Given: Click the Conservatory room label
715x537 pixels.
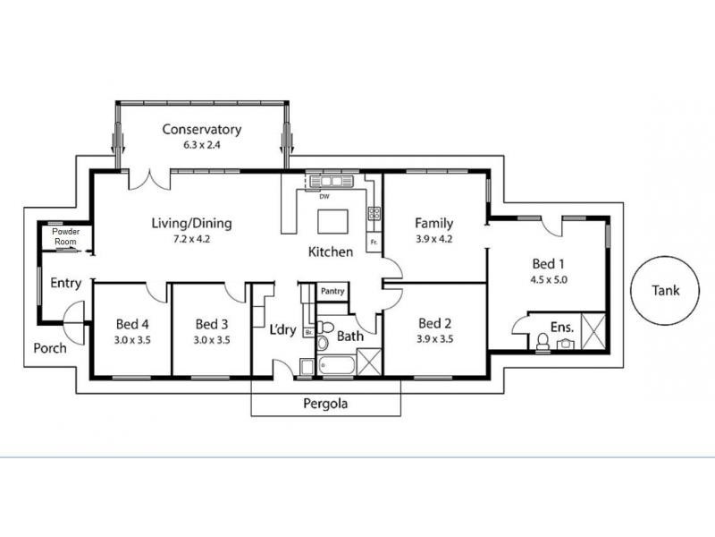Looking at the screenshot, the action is tap(202, 129).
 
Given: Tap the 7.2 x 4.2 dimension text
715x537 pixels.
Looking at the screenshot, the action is tap(191, 239).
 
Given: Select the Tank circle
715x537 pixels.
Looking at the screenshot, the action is tap(665, 290).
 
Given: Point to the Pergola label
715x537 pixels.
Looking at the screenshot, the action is tap(325, 404).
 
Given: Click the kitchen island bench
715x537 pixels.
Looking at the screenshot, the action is tap(332, 221).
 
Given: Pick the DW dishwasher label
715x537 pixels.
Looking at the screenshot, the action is tap(324, 197).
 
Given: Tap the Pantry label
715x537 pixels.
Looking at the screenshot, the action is tap(332, 291).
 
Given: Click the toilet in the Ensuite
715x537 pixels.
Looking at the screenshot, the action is tap(543, 342).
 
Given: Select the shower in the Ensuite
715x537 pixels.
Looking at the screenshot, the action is tap(593, 331).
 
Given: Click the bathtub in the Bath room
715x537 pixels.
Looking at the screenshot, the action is tap(338, 365).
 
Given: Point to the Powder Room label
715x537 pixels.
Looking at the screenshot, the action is tap(65, 236).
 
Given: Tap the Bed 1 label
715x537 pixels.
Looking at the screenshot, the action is tap(548, 264).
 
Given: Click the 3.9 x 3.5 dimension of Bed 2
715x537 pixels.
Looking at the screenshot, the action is tap(434, 339).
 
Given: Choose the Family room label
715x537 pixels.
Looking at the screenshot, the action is tap(434, 223).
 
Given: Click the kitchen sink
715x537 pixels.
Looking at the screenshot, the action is tap(332, 182).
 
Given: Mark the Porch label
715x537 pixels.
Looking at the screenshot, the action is tap(50, 348).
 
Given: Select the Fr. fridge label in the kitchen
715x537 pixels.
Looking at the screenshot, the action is tap(374, 242).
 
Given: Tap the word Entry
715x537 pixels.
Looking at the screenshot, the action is tap(65, 283).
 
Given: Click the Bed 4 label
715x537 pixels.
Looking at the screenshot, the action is tap(132, 325).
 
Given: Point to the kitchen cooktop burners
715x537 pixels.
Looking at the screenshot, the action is tap(374, 213).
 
